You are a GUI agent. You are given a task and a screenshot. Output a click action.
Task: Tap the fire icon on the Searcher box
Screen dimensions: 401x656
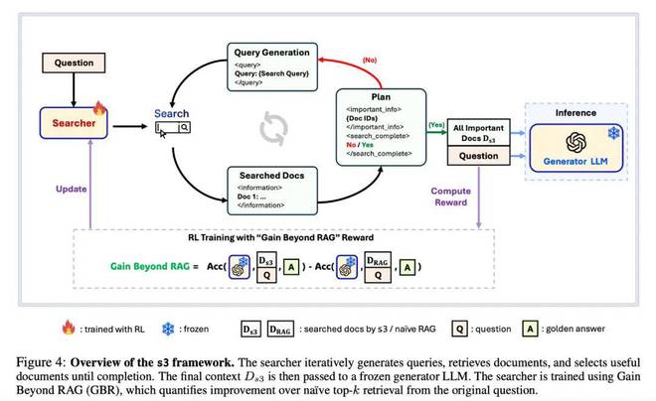click(x=99, y=109)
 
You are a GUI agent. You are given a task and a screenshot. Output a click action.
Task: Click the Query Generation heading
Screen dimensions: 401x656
click(x=270, y=51)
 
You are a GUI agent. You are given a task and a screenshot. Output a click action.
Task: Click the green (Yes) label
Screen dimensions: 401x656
click(x=434, y=126)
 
